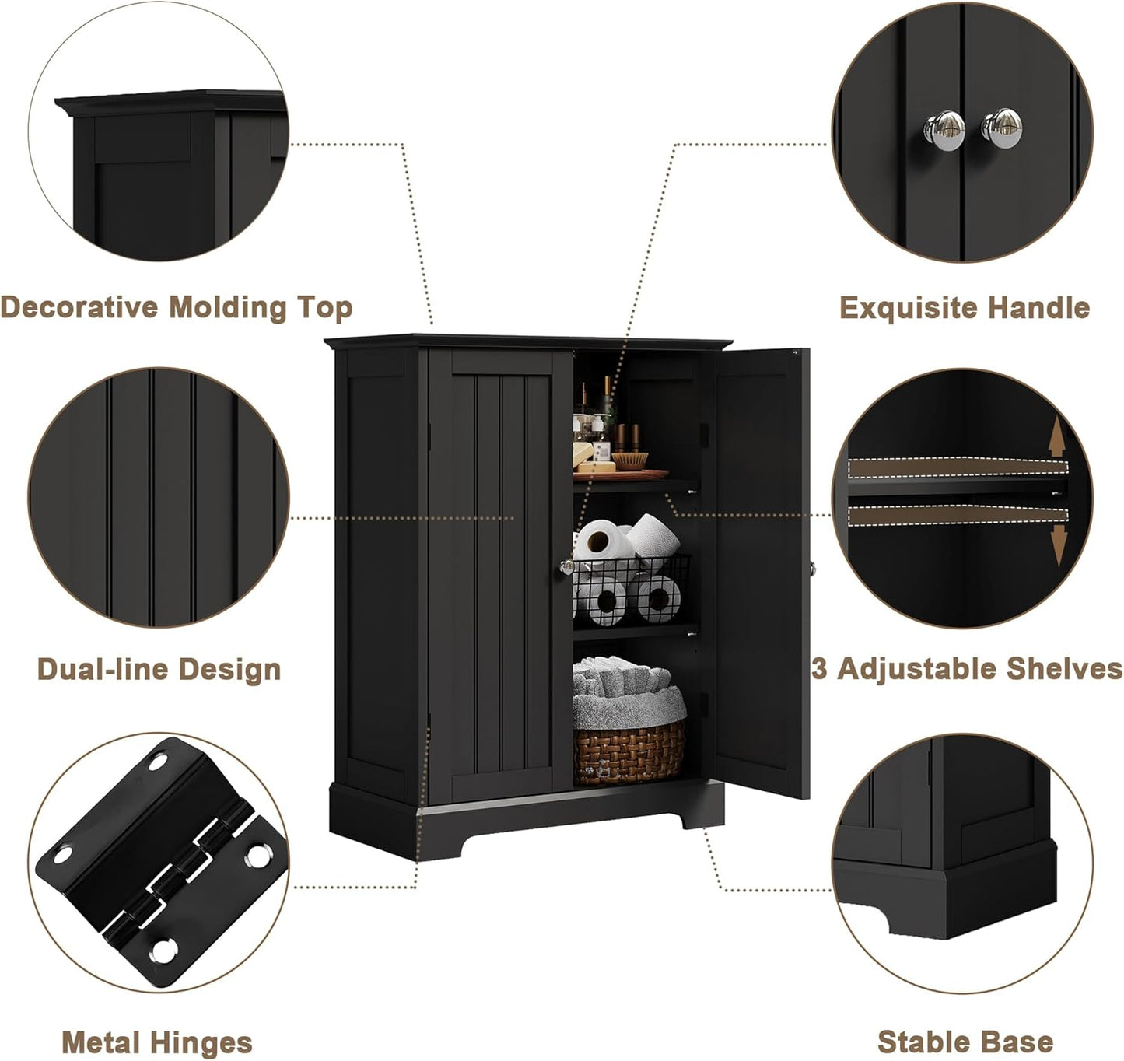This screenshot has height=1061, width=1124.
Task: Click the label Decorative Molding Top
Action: pyautogui.click(x=177, y=308)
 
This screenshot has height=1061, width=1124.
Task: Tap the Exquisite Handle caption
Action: pyautogui.click(x=964, y=308)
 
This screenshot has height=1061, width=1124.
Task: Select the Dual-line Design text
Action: pyautogui.click(x=159, y=669)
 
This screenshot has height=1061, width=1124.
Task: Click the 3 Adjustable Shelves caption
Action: pyautogui.click(x=968, y=669)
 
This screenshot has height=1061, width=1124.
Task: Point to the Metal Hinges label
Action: pyautogui.click(x=157, y=1042)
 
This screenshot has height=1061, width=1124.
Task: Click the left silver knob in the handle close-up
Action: pyautogui.click(x=944, y=127)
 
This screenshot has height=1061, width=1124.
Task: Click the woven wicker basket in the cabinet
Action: pyautogui.click(x=629, y=751)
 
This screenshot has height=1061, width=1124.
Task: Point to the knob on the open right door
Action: pyautogui.click(x=811, y=569)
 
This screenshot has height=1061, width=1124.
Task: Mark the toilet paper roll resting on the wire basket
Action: pyautogui.click(x=653, y=536)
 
